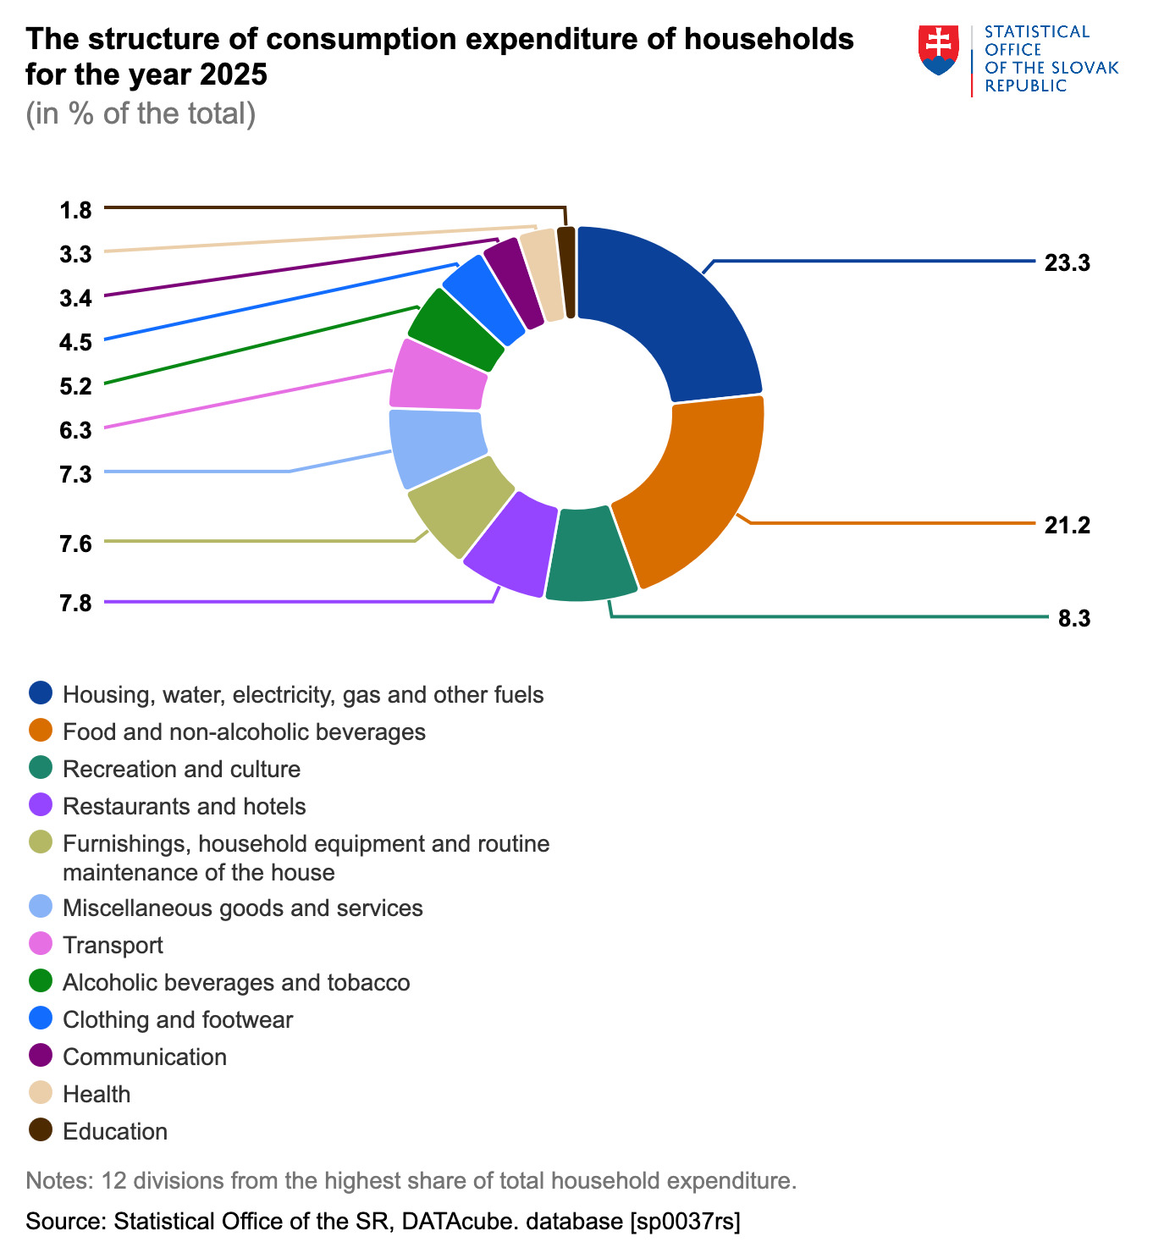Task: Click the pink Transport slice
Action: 439,375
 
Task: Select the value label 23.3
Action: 1067,262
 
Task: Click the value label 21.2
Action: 1067,525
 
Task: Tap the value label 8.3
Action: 1074,619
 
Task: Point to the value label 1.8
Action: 76,210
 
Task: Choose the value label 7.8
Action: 76,604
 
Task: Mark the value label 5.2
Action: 76,386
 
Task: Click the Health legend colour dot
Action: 41,1093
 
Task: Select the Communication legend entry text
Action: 145,1057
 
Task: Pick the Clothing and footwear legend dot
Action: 41,1018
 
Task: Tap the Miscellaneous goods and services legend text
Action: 243,908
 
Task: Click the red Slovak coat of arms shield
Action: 938,49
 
